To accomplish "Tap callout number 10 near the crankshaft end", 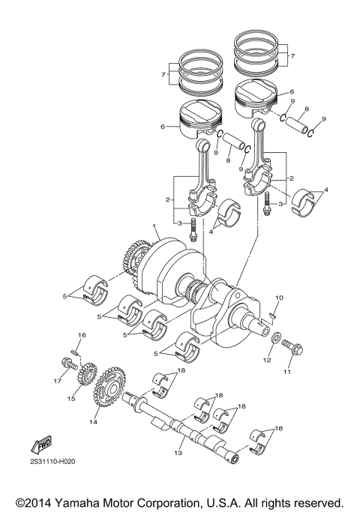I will pyautogui.click(x=280, y=298).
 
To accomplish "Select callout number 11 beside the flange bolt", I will pyautogui.click(x=286, y=371).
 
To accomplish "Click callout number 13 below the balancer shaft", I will pyautogui.click(x=178, y=454).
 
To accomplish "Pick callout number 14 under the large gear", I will pyautogui.click(x=94, y=423).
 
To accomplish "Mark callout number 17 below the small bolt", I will pyautogui.click(x=55, y=381).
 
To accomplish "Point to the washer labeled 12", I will pyautogui.click(x=275, y=343).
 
